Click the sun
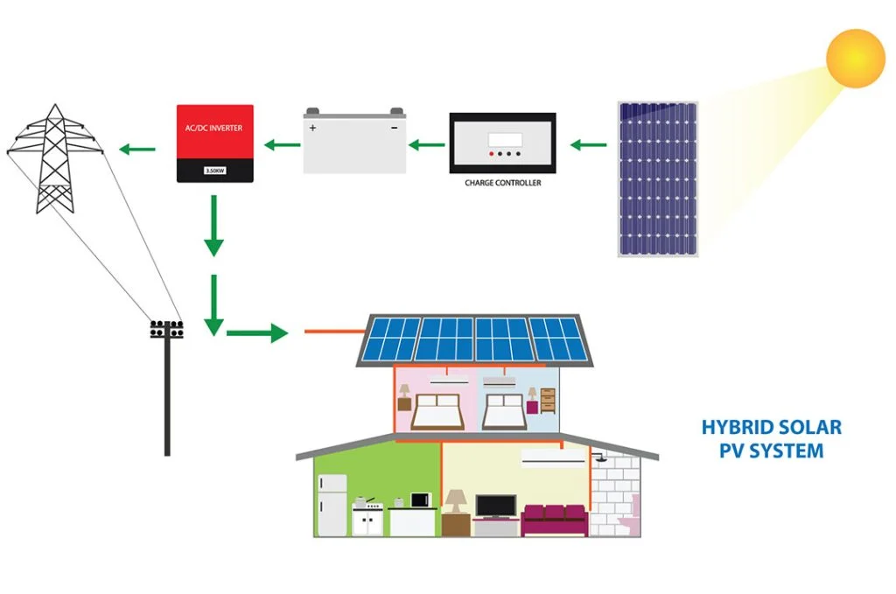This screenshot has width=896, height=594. coord(856,58)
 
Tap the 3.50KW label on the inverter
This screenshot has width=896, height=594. coord(215,171)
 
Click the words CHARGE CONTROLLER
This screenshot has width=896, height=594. coord(502,183)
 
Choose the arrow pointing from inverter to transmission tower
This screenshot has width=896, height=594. coord(136,150)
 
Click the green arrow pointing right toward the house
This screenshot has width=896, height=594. coord(257,332)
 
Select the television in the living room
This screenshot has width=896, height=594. coord(496,505)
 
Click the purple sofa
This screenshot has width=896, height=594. coord(554,518)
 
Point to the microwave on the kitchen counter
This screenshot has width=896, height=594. coord(422,500)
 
